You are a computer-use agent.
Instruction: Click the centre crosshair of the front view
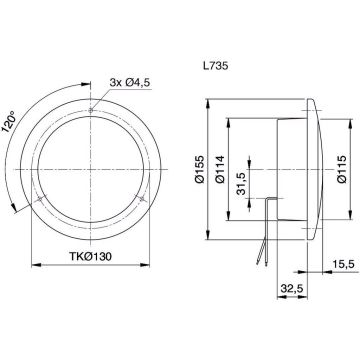[92, 168]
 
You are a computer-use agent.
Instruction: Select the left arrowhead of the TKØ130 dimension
[33, 264]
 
